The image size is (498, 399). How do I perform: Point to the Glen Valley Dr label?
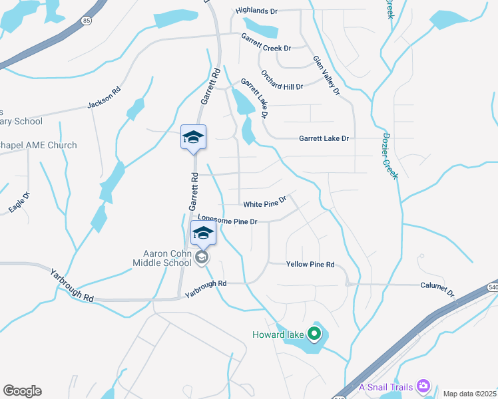tap(326, 74)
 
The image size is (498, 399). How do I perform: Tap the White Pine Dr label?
tap(264, 201)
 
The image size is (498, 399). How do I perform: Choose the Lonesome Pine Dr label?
tap(228, 220)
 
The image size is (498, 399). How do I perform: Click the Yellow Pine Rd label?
tap(310, 265)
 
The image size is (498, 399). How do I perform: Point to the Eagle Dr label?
tap(19, 203)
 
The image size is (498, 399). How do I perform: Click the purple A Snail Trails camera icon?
tap(423, 386)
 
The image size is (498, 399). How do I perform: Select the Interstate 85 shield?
tap(87, 21)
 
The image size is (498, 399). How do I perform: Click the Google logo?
tap(22, 391)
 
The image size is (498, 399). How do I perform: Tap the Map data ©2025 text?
tap(469, 394)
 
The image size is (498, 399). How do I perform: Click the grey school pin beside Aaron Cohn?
tap(202, 257)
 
